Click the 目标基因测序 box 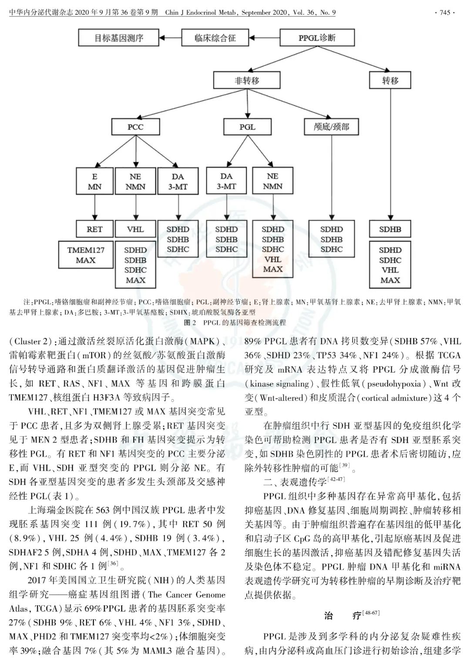(x=119, y=38)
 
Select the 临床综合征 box (x=215, y=38)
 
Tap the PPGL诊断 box (x=316, y=38)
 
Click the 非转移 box (x=247, y=80)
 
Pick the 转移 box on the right (x=390, y=80)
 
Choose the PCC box (x=135, y=127)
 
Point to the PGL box (x=247, y=127)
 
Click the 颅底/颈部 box (x=332, y=127)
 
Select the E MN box (x=94, y=181)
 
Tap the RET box (x=94, y=229)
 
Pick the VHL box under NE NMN (x=135, y=229)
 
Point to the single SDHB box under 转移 (x=390, y=229)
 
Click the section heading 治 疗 (x=341, y=616)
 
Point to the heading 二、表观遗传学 (x=295, y=482)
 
